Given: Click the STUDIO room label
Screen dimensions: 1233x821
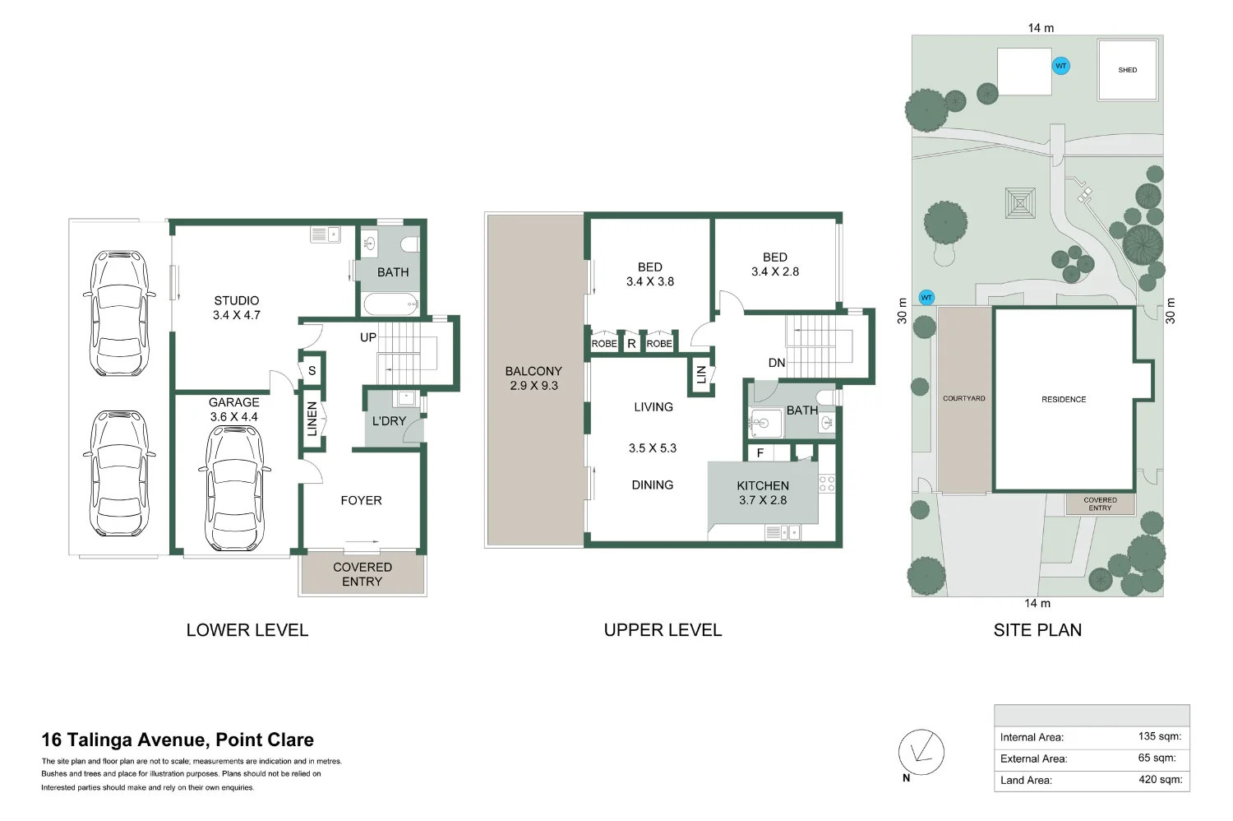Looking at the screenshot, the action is point(237,301).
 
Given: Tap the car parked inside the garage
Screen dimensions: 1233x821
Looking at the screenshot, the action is point(234,487).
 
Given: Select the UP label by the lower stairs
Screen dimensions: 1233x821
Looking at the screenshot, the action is point(367,337).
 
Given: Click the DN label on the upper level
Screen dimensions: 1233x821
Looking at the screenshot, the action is point(777,363).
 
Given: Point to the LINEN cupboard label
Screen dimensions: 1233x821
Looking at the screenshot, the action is point(312,419).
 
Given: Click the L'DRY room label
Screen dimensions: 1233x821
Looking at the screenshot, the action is point(389,421).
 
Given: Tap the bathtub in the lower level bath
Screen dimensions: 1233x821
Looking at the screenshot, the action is point(390,304).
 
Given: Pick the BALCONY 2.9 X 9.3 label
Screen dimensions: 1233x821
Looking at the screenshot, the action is point(533,378).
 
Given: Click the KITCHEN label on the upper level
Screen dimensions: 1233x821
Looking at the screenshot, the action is point(763,485).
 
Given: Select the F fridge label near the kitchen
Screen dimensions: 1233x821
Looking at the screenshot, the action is point(760,453).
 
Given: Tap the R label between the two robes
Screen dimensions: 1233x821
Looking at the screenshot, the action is point(631,344).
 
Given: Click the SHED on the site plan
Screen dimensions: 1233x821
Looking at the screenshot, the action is point(1127,69).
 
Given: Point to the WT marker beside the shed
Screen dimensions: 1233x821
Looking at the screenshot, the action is point(1060,66).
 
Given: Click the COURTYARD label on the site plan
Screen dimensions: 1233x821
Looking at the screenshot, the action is point(964,398).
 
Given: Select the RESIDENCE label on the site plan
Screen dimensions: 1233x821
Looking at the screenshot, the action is point(1064,400).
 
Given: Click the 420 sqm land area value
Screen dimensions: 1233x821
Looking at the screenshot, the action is point(1161,780).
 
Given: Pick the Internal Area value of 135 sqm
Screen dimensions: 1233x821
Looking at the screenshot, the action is point(1160,736).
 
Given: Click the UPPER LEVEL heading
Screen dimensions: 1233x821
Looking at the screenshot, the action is point(663,630).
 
